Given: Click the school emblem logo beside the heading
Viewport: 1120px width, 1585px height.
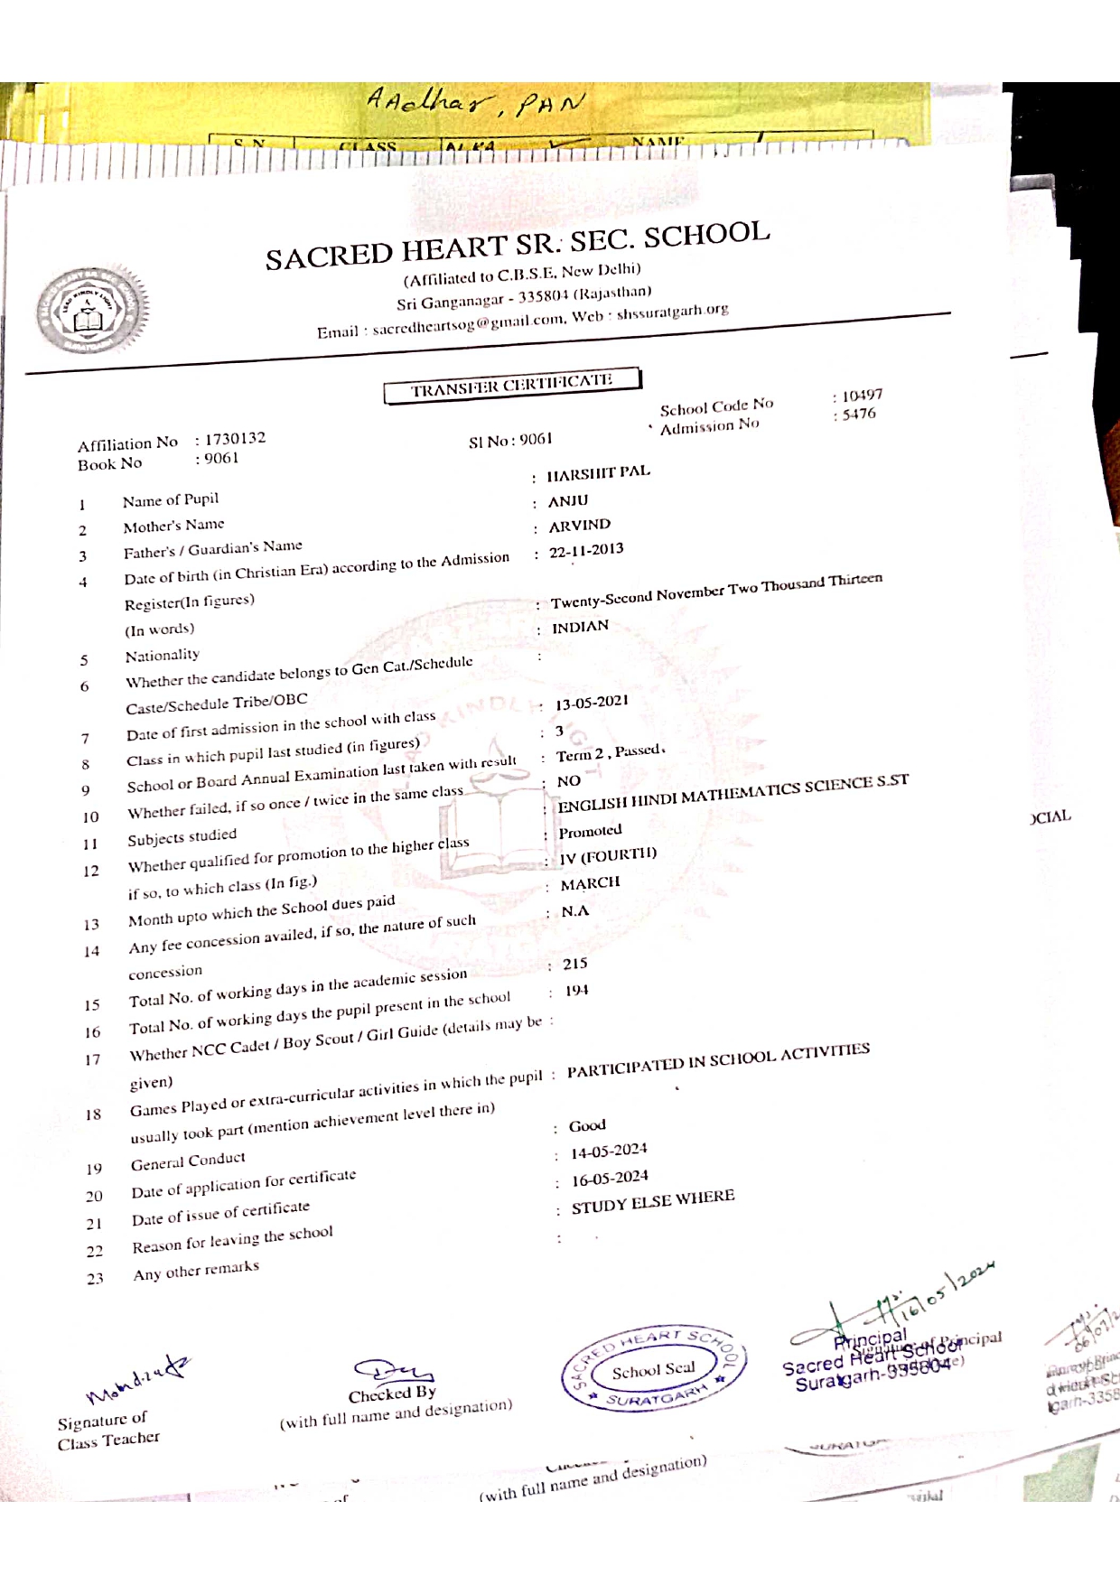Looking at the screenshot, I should [90, 310].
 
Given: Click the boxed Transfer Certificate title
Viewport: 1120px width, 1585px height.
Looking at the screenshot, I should [512, 385].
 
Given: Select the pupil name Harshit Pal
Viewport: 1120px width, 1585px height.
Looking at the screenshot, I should [598, 472].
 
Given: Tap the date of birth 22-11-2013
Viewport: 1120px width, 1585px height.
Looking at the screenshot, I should [586, 549].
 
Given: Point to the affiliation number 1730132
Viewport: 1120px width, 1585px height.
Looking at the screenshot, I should [235, 438].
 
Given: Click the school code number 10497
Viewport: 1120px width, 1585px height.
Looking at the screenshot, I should [862, 396].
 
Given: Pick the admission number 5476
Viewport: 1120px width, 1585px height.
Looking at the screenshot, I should [858, 414].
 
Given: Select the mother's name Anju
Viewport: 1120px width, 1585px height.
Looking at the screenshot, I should [568, 500].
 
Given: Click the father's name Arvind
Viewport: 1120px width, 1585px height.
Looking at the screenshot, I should [580, 525].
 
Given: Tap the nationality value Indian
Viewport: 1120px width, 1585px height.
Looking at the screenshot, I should [580, 626].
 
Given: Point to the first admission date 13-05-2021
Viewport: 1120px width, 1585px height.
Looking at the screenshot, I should [592, 702].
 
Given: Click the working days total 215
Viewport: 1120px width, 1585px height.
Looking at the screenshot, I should [575, 964].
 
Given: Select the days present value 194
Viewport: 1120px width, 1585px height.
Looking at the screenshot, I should [576, 991].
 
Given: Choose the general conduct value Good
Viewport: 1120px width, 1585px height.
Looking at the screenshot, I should [587, 1125].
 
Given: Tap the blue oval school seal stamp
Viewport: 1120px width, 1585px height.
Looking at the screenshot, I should [654, 1369].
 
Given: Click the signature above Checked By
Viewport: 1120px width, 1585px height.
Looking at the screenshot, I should [392, 1372].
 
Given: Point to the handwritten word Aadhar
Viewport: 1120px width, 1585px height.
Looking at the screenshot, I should [431, 100].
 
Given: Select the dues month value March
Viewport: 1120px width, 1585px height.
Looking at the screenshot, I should [590, 882].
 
